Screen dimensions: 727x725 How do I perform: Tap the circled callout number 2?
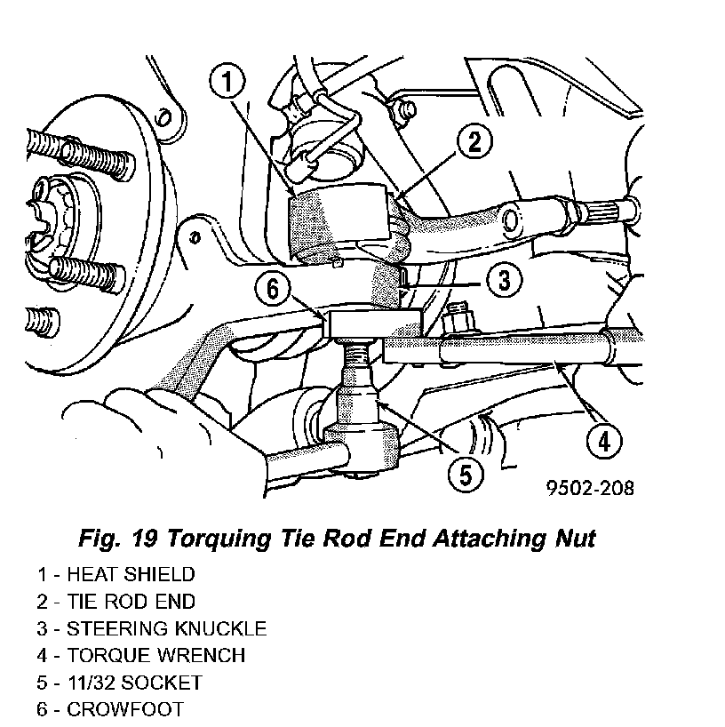point(475,140)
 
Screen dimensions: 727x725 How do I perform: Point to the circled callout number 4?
point(603,438)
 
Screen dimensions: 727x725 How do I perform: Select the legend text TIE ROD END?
point(131,602)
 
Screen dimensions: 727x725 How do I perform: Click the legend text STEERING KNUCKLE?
point(166,628)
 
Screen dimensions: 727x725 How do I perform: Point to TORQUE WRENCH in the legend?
point(155,655)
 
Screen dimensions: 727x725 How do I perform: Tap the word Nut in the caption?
point(574,538)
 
